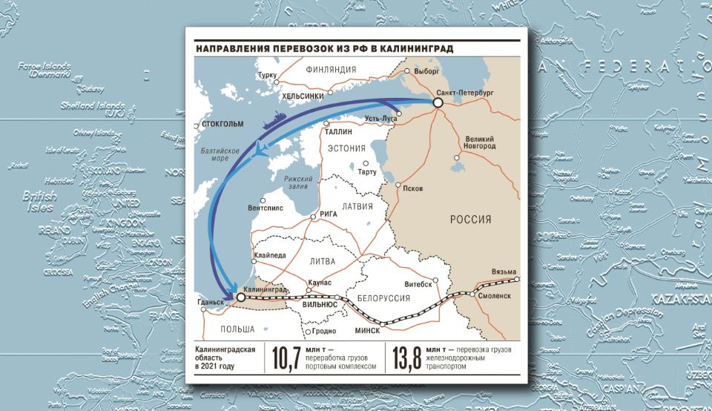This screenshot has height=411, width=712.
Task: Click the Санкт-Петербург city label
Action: (466, 91)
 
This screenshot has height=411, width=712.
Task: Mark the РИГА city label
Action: (328, 214)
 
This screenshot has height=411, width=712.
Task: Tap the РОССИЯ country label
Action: (472, 219)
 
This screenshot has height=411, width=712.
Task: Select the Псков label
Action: (412, 188)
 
